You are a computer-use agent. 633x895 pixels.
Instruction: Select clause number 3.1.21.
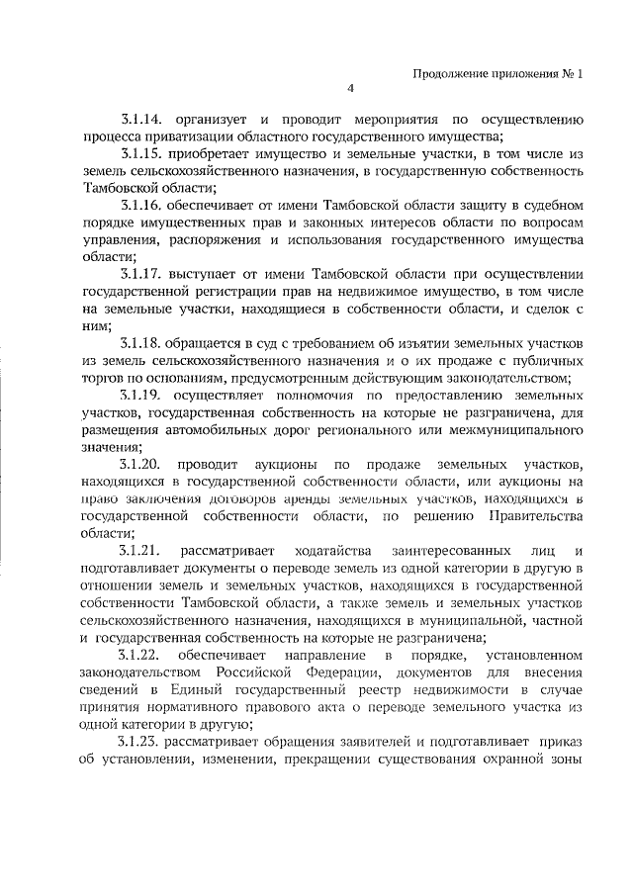click(x=141, y=549)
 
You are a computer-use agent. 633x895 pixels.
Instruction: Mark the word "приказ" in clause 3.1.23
click(x=565, y=740)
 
